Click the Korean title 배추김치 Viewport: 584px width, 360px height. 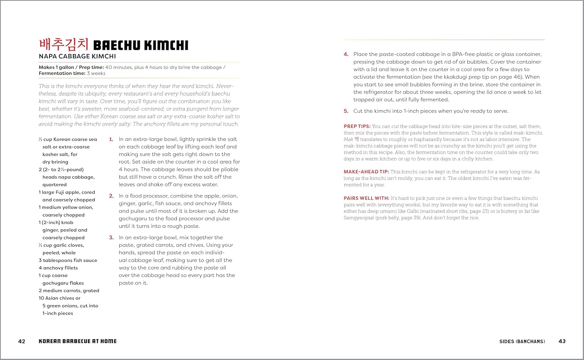tap(64, 44)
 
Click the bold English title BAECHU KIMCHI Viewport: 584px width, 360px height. tap(141, 46)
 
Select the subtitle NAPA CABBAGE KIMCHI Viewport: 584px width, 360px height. tap(77, 56)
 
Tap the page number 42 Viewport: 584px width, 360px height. tap(22, 341)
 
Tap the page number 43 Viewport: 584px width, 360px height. tap(562, 341)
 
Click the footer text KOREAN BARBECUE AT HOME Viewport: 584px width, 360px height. tap(77, 341)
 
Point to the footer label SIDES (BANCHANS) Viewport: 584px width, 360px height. tap(522, 341)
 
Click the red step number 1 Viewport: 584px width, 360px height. tap(111, 139)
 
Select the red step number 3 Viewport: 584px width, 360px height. tap(111, 237)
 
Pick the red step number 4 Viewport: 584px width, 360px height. tap(346, 54)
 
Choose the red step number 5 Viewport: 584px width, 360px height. tap(346, 111)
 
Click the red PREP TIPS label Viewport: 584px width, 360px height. tap(357, 126)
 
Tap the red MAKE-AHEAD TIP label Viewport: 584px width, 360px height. tap(366, 172)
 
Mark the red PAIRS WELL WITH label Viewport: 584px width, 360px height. tap(366, 198)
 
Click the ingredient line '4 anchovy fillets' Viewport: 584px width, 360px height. tap(58, 268)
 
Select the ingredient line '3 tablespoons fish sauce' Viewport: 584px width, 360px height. tap(68, 260)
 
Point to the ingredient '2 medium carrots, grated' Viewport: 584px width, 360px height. tap(69, 291)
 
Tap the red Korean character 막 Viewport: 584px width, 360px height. tap(357, 139)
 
